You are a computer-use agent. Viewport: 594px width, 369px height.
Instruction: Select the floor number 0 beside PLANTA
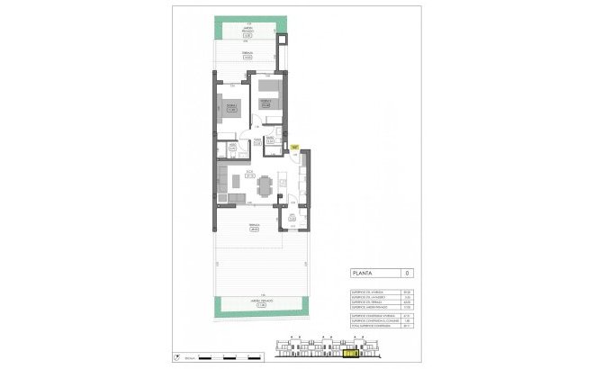[x=408, y=273]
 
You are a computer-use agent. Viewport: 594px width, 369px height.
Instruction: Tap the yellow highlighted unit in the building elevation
[x=349, y=355]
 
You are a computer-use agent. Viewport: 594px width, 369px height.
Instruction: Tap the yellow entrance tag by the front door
[x=294, y=146]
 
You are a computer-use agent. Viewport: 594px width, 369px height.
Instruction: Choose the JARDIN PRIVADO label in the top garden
[x=247, y=34]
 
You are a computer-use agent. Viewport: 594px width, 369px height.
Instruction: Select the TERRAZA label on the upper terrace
[x=247, y=57]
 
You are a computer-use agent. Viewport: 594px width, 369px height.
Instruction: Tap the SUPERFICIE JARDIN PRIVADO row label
[x=369, y=308]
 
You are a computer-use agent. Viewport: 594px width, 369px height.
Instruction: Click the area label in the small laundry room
[x=292, y=215]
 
